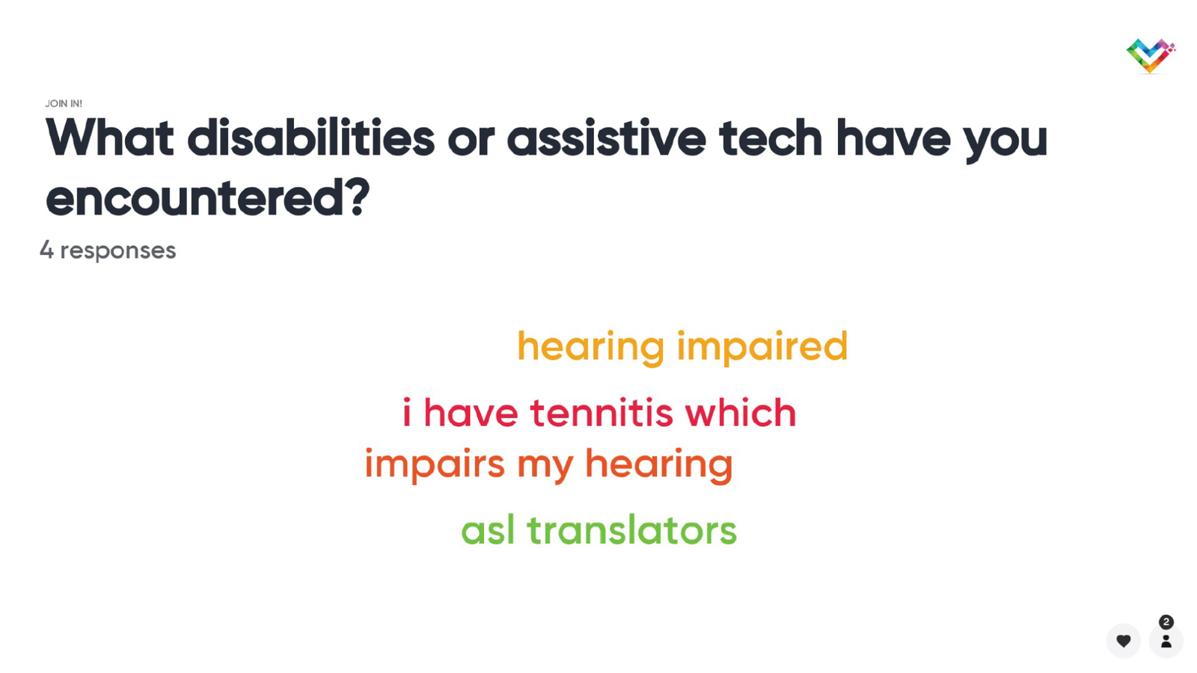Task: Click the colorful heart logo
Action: point(1151,55)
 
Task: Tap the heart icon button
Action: point(1124,641)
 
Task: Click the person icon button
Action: point(1166,641)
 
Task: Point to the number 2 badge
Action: point(1166,622)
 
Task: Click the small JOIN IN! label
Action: point(64,104)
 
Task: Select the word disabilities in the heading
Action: point(311,138)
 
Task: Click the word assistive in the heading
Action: point(607,138)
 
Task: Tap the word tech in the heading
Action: point(771,138)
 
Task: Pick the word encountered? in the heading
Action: point(207,197)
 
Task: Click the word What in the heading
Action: point(109,138)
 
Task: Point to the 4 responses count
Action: point(108,250)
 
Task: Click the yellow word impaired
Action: point(762,348)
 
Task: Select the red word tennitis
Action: point(601,413)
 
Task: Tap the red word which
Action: point(741,413)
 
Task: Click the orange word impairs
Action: point(435,464)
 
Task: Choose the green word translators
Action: point(631,530)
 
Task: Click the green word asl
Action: point(488,530)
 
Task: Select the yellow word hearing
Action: point(590,348)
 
